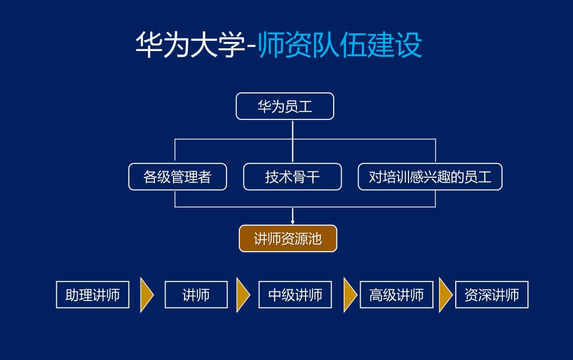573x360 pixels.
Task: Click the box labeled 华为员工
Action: point(285,106)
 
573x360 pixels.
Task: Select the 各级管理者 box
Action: point(177,177)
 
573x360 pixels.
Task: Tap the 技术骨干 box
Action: point(292,177)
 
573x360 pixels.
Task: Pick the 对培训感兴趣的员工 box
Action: point(430,177)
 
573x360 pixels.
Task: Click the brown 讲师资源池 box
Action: point(288,238)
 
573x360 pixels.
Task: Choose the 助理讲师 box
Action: point(93,295)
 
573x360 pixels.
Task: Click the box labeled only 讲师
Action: point(196,295)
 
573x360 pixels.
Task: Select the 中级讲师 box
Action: point(295,295)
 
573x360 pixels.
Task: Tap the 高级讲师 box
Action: point(396,295)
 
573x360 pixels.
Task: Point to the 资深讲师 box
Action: point(492,295)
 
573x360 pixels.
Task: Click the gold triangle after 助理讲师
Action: point(146,295)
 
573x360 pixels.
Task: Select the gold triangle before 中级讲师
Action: point(242,295)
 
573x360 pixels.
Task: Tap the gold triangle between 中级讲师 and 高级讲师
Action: point(350,295)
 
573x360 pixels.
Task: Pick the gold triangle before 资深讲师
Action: point(445,295)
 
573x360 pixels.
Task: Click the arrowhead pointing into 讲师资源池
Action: point(292,221)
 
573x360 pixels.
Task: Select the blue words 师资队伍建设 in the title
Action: point(340,46)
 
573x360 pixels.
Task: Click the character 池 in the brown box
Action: point(315,239)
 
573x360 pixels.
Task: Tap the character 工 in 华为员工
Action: point(306,107)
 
